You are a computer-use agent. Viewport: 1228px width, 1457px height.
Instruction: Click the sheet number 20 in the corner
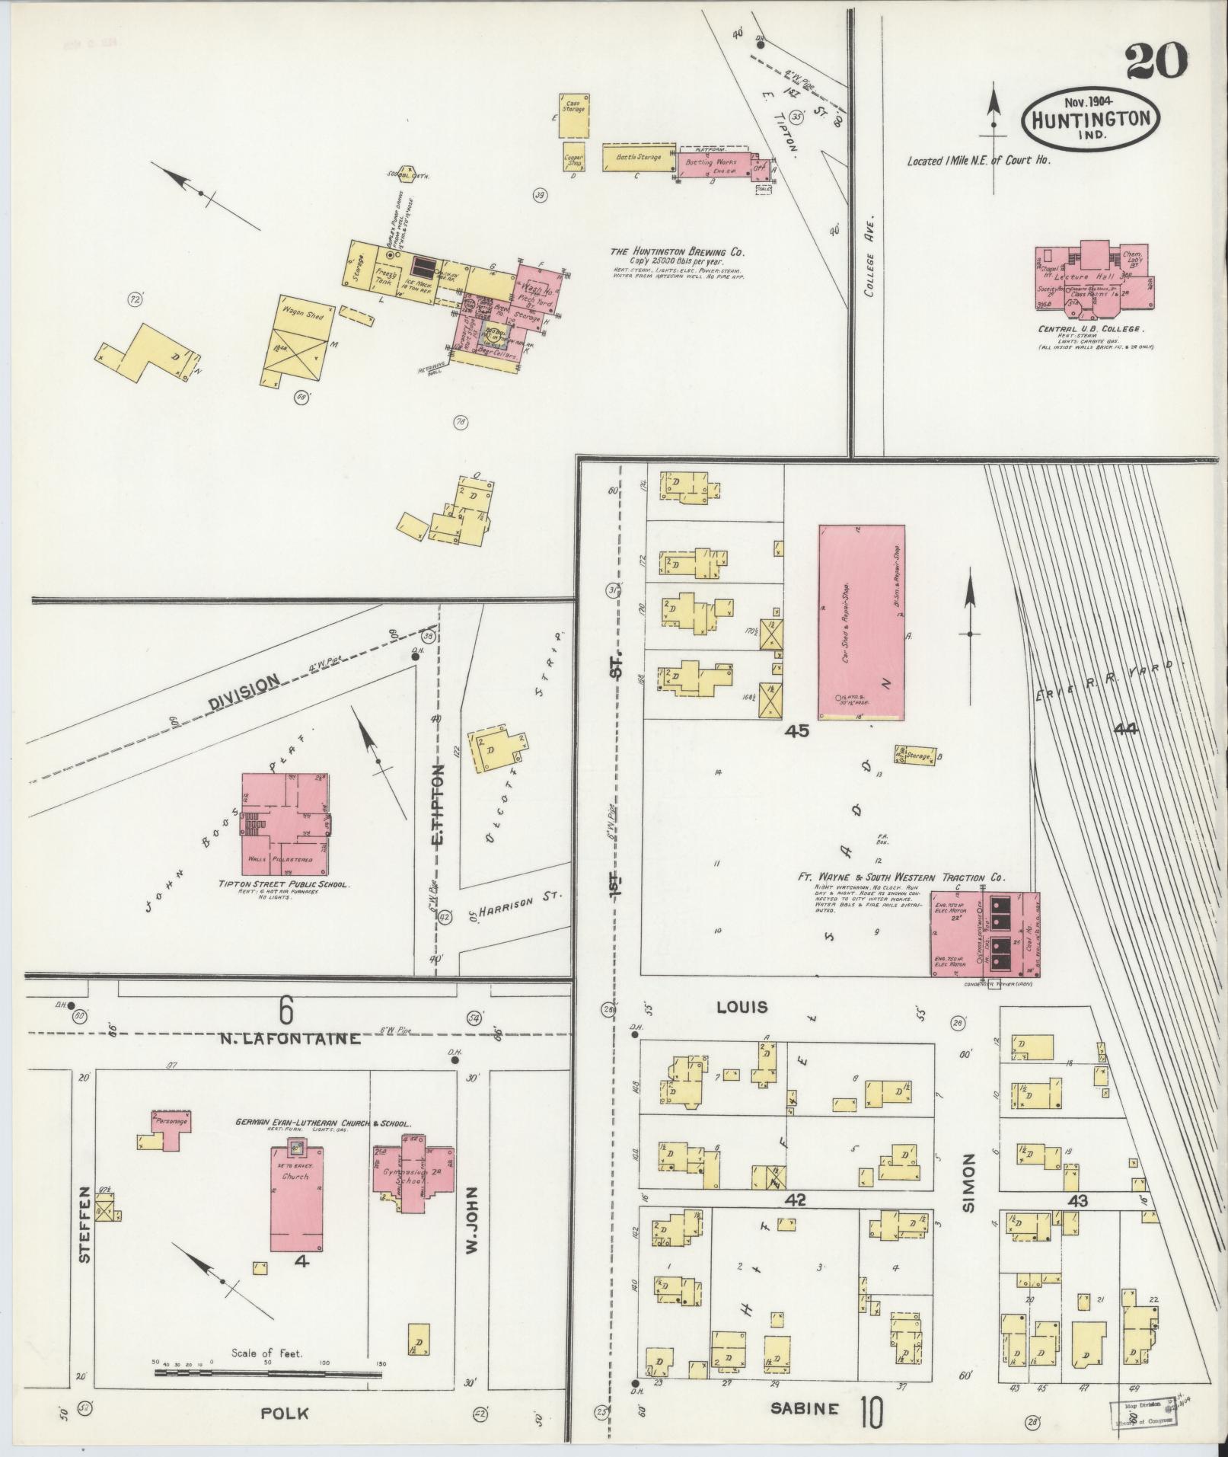pos(1156,60)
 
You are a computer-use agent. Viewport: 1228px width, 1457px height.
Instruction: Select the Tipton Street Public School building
pos(286,825)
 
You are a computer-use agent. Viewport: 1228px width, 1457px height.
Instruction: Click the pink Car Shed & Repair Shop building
pos(861,621)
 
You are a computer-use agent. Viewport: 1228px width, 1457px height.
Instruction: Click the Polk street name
pos(284,1413)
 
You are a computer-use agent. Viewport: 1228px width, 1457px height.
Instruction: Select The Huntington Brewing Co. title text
pos(677,252)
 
